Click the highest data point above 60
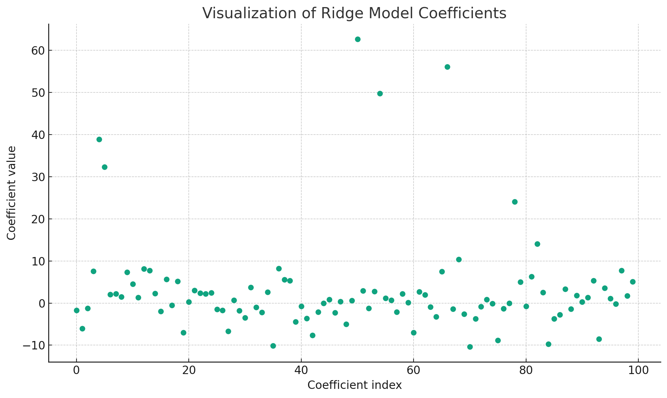(x=358, y=39)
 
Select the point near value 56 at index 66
(x=447, y=67)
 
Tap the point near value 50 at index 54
(x=380, y=93)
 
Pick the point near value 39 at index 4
(x=99, y=139)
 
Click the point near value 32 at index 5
(x=104, y=167)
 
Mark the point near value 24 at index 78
(x=515, y=202)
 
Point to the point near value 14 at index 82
(x=537, y=244)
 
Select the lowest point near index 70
(x=470, y=347)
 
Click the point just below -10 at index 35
(x=273, y=346)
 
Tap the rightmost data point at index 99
(x=633, y=282)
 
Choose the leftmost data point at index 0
(x=77, y=310)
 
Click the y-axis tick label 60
(x=38, y=51)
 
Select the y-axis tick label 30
(x=38, y=177)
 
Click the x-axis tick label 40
(x=301, y=371)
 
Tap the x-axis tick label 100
(x=638, y=371)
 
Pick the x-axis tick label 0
(x=77, y=371)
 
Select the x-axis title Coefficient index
(x=355, y=385)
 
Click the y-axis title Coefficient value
(x=11, y=193)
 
